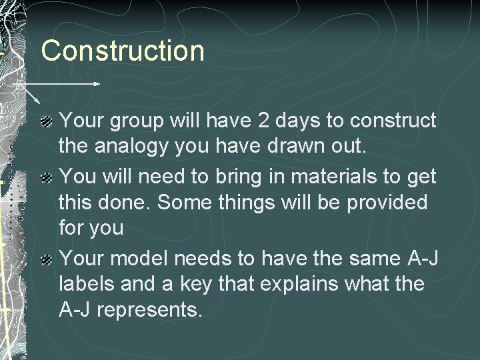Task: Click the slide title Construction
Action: [123, 51]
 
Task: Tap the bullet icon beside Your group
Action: [47, 121]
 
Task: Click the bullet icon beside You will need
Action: [47, 177]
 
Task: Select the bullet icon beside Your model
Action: [47, 259]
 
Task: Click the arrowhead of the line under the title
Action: [98, 84]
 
